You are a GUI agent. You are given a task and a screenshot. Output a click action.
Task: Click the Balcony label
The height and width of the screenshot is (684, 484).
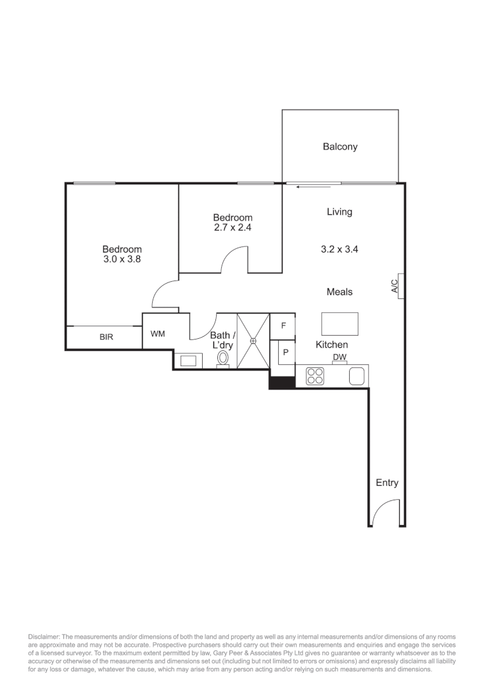(340, 147)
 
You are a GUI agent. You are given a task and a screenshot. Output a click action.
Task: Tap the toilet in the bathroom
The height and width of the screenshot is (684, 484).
(223, 358)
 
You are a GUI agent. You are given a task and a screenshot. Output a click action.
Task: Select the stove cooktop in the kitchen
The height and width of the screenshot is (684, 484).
(315, 376)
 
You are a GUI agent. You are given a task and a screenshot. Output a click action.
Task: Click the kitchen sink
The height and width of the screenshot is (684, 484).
(357, 376)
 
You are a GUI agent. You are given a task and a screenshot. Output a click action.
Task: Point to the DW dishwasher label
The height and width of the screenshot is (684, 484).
(340, 358)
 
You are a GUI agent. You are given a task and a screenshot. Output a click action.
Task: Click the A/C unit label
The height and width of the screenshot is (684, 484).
(393, 288)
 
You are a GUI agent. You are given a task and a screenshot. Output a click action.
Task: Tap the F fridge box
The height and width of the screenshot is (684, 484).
(283, 326)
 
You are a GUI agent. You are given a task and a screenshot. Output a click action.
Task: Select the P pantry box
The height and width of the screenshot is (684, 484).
(286, 353)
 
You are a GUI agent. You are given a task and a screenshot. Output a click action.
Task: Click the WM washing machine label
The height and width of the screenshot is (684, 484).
(158, 334)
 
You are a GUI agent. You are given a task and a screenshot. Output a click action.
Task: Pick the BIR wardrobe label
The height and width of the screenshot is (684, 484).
(106, 338)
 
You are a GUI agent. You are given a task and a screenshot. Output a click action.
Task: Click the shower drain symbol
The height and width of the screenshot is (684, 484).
(253, 340)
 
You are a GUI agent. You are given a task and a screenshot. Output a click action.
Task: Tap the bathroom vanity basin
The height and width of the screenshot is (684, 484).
(189, 360)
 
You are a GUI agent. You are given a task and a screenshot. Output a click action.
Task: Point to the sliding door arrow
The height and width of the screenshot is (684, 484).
(309, 187)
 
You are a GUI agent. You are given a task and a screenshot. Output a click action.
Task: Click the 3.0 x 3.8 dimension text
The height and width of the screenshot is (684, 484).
(122, 260)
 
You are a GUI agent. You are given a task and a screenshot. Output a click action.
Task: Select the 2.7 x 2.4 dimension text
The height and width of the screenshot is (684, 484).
(232, 228)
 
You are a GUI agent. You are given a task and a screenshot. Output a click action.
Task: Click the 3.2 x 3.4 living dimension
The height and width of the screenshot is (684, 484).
(340, 250)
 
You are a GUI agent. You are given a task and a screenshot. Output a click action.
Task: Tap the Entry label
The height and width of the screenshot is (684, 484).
(387, 483)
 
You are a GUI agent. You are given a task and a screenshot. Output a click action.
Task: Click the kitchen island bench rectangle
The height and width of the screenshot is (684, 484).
(340, 324)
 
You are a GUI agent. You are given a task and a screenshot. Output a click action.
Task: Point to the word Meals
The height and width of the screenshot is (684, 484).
(340, 292)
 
